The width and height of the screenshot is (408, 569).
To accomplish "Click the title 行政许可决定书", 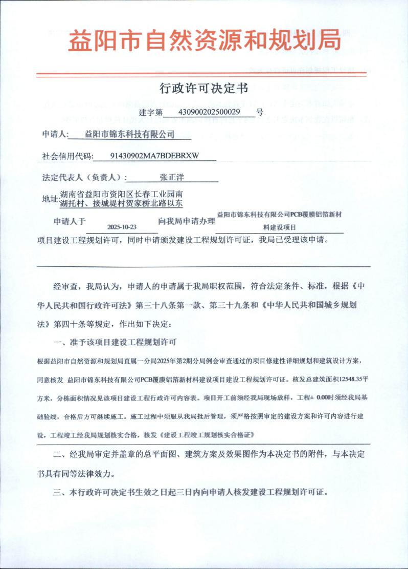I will (203, 89).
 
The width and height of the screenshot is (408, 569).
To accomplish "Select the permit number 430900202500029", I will (210, 111).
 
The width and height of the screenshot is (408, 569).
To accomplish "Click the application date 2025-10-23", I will (122, 226).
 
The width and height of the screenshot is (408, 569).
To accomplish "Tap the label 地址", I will (50, 199).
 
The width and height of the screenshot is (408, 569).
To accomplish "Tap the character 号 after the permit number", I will (259, 111).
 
